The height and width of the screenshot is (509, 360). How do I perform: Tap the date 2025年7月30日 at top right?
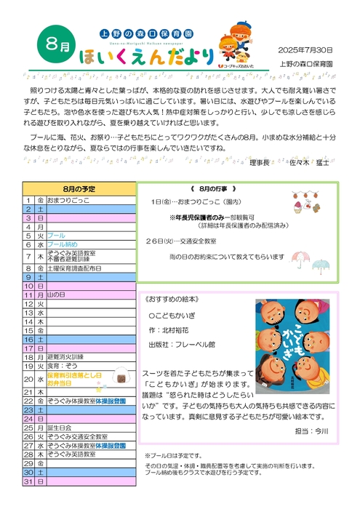(x=305, y=49)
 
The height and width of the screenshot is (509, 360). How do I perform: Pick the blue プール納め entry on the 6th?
(x=62, y=246)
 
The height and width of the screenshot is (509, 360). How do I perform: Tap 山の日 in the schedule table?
(x=56, y=295)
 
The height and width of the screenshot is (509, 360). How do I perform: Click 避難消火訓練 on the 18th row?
(x=65, y=357)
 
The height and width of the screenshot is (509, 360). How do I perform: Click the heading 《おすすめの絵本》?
(x=172, y=300)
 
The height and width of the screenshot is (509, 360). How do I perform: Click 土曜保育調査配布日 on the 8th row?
(x=73, y=268)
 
